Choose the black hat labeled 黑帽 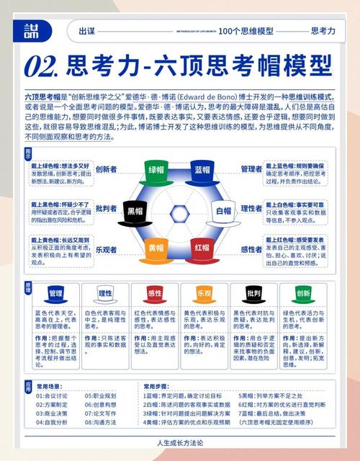tap(135, 211)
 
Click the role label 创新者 tap(107, 169)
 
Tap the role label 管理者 tap(251, 169)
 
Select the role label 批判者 tap(107, 209)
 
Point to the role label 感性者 tap(251, 249)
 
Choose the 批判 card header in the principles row tap(253, 293)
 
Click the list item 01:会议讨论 tap(55, 395)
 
